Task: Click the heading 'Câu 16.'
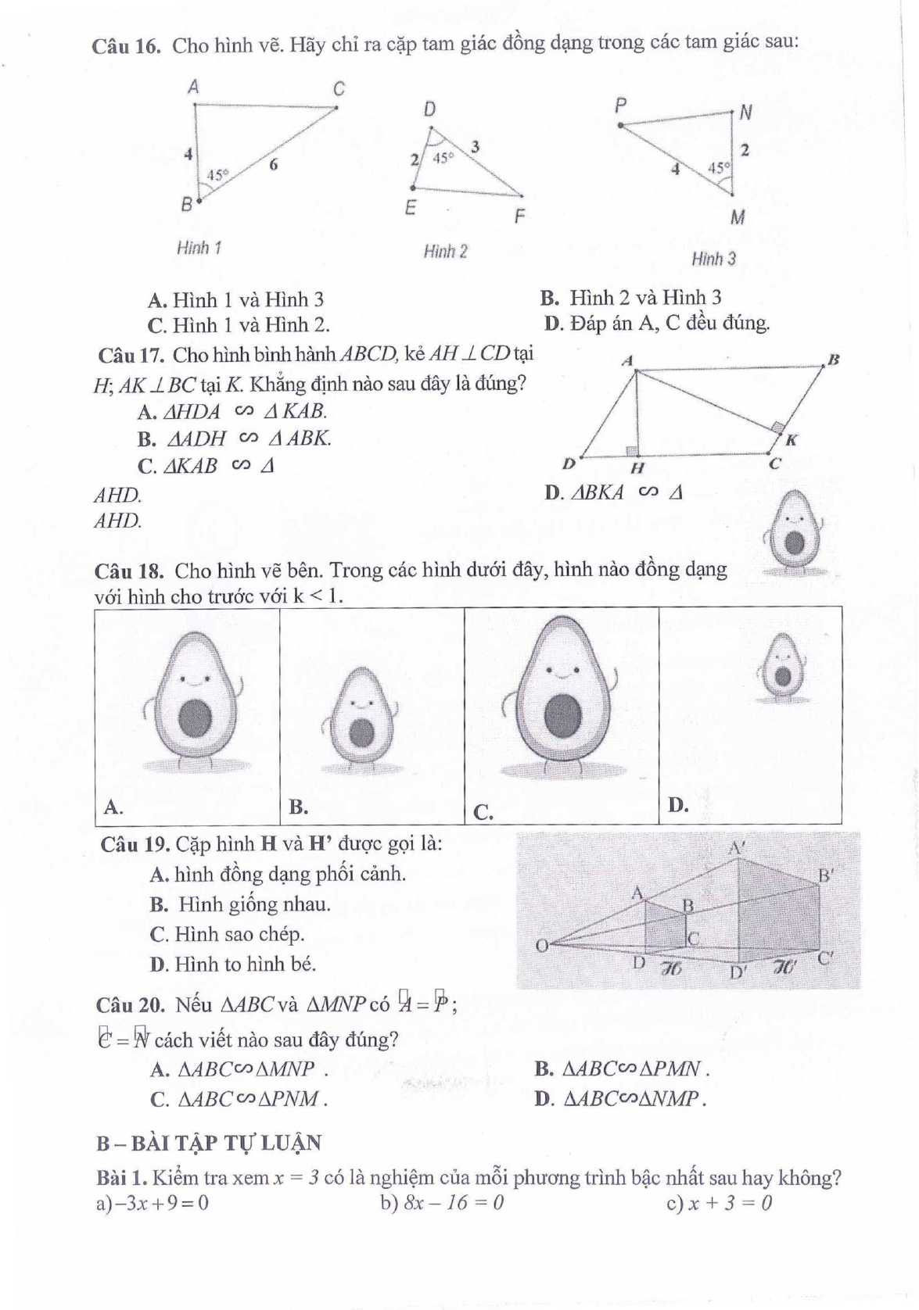tap(127, 45)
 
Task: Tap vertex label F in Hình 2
tap(519, 217)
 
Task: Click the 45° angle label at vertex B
tap(217, 175)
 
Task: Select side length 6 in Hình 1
tap(273, 165)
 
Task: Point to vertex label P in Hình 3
tap(620, 105)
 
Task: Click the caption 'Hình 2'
tap(445, 252)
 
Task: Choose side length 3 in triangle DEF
tap(475, 146)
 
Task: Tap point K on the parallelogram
tap(790, 440)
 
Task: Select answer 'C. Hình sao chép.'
tap(227, 934)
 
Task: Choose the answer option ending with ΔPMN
tap(623, 1068)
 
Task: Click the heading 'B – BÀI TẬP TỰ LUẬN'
tap(209, 1143)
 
